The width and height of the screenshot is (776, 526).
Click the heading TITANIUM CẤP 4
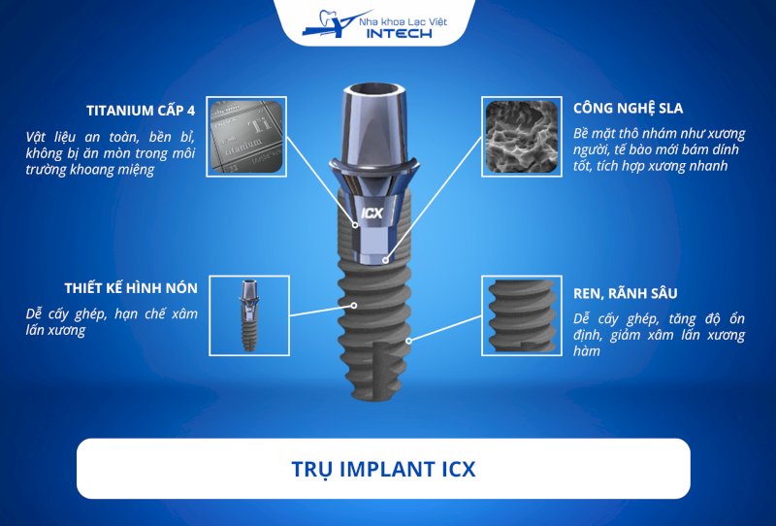(141, 111)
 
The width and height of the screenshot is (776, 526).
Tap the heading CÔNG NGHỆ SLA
(628, 109)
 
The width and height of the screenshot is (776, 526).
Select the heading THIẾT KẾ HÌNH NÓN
(131, 288)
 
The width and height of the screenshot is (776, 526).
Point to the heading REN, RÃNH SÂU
(625, 294)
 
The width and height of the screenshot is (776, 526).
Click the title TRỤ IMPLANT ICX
(383, 469)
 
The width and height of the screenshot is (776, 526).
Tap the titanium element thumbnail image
(246, 137)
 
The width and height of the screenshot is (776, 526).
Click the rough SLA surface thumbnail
(522, 137)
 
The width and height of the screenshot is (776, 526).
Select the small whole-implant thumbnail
(249, 315)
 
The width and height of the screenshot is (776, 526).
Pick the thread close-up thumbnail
(522, 315)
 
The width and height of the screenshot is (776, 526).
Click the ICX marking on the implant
(372, 214)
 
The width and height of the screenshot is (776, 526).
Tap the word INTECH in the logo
(399, 34)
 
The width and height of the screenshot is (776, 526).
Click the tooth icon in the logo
(328, 18)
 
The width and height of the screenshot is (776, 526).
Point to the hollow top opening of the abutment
(374, 90)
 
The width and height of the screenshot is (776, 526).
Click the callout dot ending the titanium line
(355, 225)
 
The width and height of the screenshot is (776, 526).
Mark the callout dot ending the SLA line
(385, 259)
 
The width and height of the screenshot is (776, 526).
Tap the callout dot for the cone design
(354, 305)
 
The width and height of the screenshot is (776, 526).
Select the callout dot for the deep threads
(408, 341)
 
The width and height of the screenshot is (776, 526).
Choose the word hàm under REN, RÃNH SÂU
(587, 351)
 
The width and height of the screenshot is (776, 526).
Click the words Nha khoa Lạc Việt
(403, 21)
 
